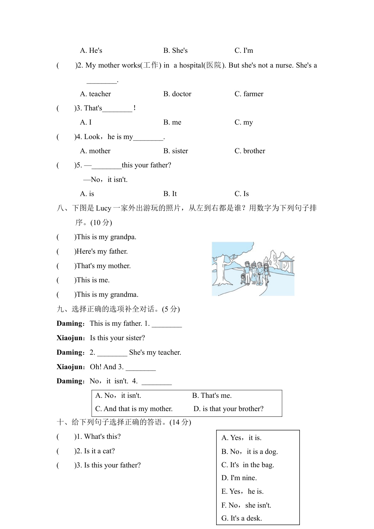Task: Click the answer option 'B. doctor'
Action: [177, 94]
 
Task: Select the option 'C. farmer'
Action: [249, 94]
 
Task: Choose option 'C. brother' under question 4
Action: [250, 151]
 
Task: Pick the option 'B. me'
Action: [172, 122]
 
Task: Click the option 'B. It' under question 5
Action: [170, 194]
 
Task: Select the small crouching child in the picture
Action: [243, 278]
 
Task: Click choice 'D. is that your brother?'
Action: [228, 409]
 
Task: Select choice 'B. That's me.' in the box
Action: [212, 396]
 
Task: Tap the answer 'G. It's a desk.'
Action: [241, 518]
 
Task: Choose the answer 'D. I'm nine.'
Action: [239, 478]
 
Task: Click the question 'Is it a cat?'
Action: [99, 451]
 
